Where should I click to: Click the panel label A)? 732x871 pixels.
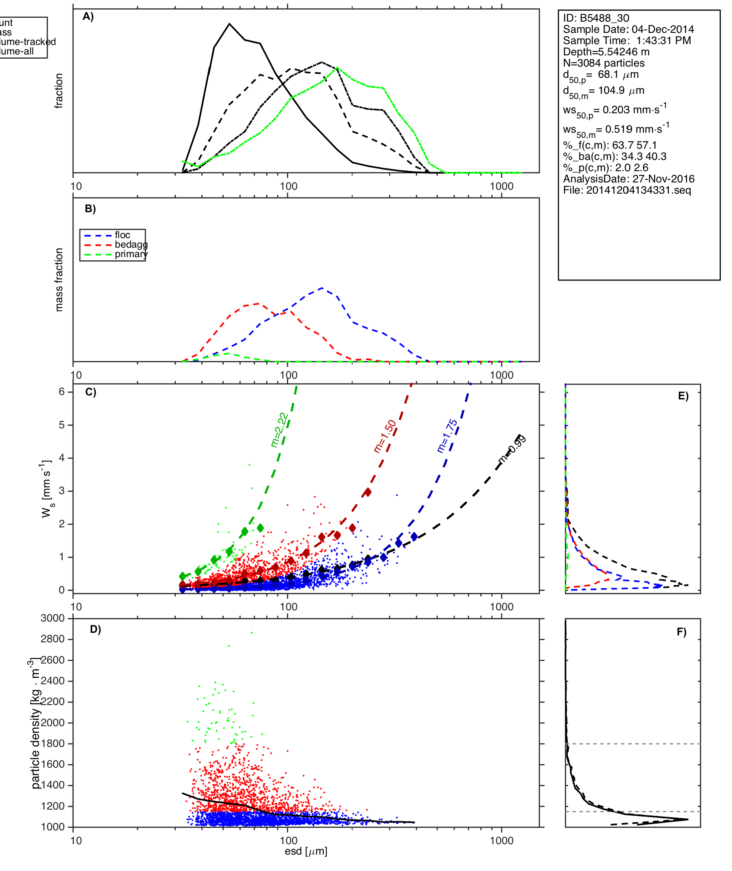click(x=88, y=16)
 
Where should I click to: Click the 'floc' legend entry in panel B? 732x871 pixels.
click(x=122, y=235)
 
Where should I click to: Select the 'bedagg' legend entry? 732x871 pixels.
click(x=131, y=245)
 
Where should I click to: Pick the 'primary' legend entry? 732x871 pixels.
click(x=131, y=254)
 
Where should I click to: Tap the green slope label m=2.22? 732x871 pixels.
click(x=279, y=430)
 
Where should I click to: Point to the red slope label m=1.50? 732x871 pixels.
click(x=385, y=436)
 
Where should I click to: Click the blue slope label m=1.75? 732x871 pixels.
click(x=447, y=436)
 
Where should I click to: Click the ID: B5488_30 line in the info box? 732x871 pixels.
click(x=596, y=18)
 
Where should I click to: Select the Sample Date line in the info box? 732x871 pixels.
click(x=628, y=29)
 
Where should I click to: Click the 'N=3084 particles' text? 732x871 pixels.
click(x=604, y=63)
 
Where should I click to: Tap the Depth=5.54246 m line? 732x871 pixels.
click(x=606, y=52)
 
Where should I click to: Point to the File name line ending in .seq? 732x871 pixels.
click(x=627, y=190)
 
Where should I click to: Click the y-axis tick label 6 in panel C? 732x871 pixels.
click(x=62, y=392)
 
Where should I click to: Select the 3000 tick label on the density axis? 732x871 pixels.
click(x=52, y=618)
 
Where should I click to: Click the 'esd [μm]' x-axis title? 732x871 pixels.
click(x=306, y=852)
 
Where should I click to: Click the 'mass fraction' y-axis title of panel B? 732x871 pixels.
click(x=59, y=280)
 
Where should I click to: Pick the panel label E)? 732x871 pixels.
click(x=683, y=396)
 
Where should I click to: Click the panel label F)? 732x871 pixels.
click(x=681, y=632)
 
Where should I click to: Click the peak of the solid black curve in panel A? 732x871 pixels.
click(x=229, y=24)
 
